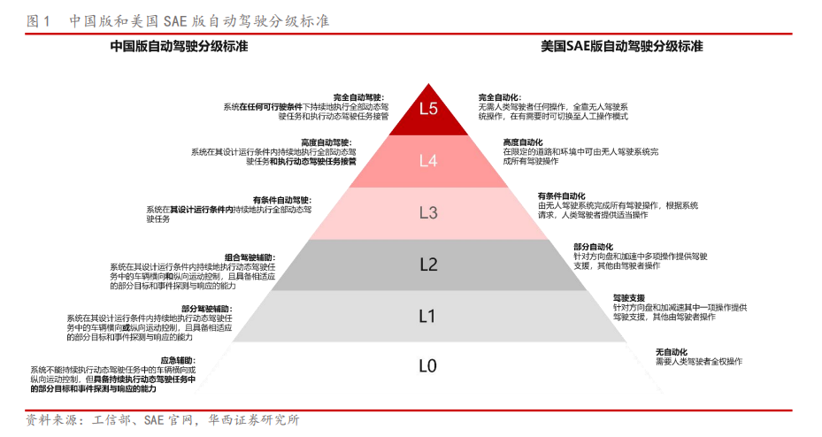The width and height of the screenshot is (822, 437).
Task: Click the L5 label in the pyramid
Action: (429, 109)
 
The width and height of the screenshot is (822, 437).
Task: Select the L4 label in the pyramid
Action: (429, 161)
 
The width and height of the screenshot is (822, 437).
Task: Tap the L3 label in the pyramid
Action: (429, 212)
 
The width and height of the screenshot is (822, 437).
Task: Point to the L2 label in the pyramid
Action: (429, 264)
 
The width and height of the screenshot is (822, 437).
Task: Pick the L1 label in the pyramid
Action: (429, 315)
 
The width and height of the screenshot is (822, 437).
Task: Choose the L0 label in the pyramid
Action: (429, 365)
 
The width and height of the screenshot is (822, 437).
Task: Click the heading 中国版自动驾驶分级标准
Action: (179, 46)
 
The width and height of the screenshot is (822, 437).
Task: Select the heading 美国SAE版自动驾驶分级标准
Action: (622, 46)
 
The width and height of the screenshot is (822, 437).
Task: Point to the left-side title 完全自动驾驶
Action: (358, 96)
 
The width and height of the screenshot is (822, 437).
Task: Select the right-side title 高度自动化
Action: (523, 142)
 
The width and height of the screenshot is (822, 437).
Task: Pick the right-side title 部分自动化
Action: (593, 247)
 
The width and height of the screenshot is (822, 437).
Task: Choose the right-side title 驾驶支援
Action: (629, 297)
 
